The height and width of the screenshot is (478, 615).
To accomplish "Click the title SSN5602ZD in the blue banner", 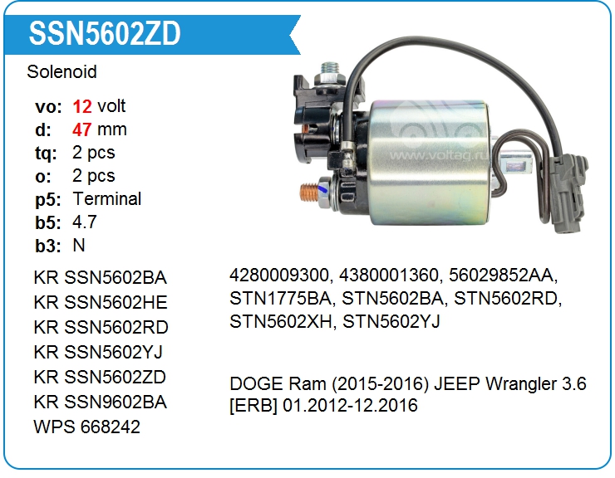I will pos(105,34).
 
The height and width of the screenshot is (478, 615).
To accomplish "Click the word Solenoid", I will pos(61,72).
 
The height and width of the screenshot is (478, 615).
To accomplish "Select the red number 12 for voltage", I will pos(81,106).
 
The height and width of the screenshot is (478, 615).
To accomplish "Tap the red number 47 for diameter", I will pos(82,129).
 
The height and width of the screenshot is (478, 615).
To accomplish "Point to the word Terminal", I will pos(107,199).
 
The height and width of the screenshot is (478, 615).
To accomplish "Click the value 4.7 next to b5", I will pos(85,222).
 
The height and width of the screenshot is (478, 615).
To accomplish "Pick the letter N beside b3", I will pos(79,246).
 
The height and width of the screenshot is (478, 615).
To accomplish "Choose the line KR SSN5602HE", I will pos(101,302).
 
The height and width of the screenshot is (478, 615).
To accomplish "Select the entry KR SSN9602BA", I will pos(101,402).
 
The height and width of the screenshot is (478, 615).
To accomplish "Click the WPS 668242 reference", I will pos(87,427).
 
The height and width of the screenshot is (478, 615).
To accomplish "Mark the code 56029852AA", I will pos(507,276).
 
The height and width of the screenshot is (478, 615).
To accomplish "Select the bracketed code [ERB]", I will pos(253,406).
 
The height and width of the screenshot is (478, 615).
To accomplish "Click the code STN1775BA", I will pos(281,299).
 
